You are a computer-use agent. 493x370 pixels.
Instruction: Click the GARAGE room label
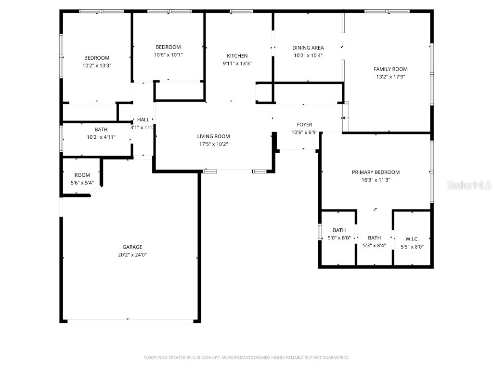pyautogui.click(x=132, y=247)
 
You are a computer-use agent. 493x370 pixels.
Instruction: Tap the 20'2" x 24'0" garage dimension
pyautogui.click(x=132, y=255)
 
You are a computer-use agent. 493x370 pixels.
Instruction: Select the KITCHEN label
pyautogui.click(x=237, y=56)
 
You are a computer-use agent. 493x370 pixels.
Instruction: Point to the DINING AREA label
pyautogui.click(x=308, y=48)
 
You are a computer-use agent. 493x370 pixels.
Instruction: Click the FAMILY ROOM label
pyautogui.click(x=390, y=69)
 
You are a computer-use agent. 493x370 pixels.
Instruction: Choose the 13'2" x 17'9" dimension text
pyautogui.click(x=390, y=77)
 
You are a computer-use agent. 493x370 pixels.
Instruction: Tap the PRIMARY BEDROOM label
pyautogui.click(x=376, y=172)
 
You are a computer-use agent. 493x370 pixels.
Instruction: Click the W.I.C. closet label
pyautogui.click(x=412, y=238)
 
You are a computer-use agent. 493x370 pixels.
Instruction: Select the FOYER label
pyautogui.click(x=304, y=125)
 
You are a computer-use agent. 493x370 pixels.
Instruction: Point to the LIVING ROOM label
pyautogui.click(x=213, y=136)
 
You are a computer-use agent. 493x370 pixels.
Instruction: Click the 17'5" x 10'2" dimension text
pyautogui.click(x=213, y=144)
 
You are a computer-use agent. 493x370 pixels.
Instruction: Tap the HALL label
pyautogui.click(x=143, y=119)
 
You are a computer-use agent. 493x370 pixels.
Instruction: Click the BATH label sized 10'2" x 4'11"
pyautogui.click(x=101, y=130)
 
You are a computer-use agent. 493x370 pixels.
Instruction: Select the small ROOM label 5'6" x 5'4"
pyautogui.click(x=82, y=175)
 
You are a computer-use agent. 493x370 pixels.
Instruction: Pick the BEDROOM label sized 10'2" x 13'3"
pyautogui.click(x=97, y=58)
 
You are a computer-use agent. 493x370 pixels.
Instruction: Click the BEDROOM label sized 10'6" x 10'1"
pyautogui.click(x=168, y=47)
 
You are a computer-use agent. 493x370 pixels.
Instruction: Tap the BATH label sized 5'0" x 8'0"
pyautogui.click(x=339, y=230)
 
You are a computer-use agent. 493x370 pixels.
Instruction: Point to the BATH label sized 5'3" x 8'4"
pyautogui.click(x=374, y=238)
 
